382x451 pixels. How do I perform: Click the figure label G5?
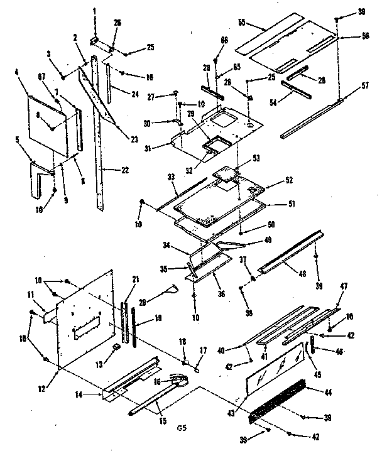pyautogui.click(x=181, y=428)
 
